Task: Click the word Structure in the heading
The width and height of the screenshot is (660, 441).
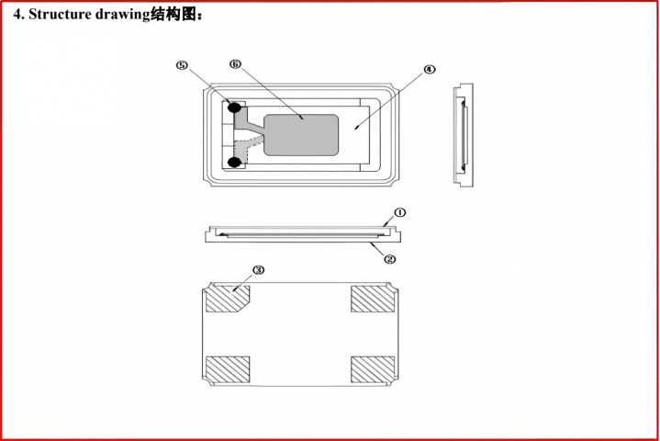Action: coord(61,15)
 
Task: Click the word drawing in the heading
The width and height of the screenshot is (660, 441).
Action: coord(122,16)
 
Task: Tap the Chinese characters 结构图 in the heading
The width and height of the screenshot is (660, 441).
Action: coord(173,15)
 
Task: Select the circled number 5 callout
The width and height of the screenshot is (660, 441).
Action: coord(182,65)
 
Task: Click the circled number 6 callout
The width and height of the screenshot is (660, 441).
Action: coord(235,64)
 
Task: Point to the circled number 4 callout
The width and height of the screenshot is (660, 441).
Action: coord(429,69)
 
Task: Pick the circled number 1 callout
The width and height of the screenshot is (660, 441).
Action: coord(400,212)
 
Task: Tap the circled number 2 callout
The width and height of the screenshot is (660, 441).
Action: coord(390,259)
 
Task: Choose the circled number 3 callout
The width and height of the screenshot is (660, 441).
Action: coord(259,270)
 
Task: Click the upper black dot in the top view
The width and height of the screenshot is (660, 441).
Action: coord(234,107)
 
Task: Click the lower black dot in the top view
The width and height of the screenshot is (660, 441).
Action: coord(234,162)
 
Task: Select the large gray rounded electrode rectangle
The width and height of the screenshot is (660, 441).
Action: coord(301,135)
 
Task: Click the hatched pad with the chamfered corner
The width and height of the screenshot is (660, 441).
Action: coord(228,300)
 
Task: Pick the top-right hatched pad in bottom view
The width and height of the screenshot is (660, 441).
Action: coord(373,300)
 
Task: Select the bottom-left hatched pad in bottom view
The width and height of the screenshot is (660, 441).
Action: coord(228,369)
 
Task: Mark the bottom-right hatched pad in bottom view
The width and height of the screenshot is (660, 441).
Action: coord(373,369)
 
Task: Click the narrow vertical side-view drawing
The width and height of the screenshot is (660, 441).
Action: coord(463,135)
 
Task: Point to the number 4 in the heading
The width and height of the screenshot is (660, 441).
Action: coord(17,15)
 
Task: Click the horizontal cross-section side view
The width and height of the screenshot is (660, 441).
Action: coord(303,234)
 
